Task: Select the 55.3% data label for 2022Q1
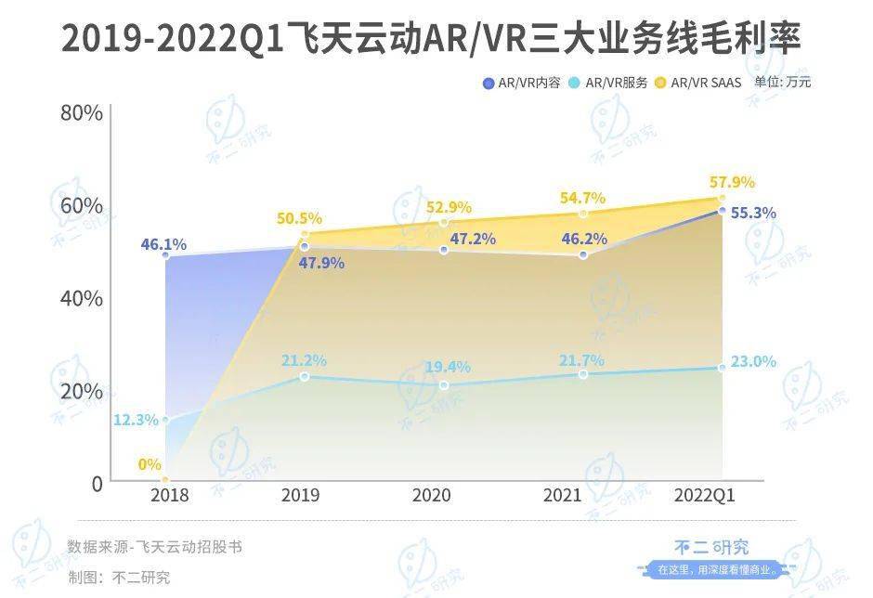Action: click(753, 213)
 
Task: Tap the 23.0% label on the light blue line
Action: click(752, 362)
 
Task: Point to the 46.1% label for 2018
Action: click(163, 245)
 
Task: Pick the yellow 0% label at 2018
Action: click(150, 464)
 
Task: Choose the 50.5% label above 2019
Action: click(299, 219)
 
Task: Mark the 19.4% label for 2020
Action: click(447, 367)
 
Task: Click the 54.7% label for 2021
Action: click(583, 198)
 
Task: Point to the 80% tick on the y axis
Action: click(81, 113)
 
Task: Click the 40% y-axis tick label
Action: click(81, 298)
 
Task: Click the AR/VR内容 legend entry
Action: click(522, 83)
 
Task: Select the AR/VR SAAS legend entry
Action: click(698, 83)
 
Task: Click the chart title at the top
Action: click(431, 39)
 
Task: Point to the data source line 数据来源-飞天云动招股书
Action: click(154, 546)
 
